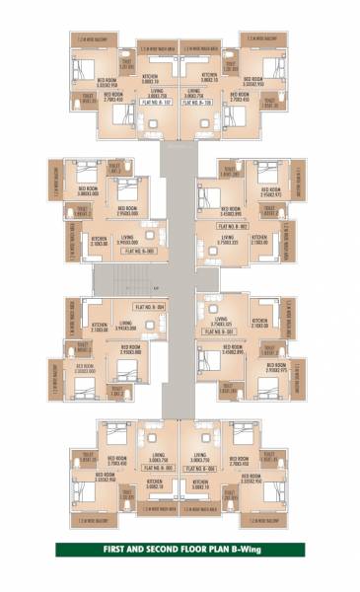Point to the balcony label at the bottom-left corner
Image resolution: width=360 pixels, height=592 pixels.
click(88, 519)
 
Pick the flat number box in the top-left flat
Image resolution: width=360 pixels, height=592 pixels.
click(156, 101)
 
